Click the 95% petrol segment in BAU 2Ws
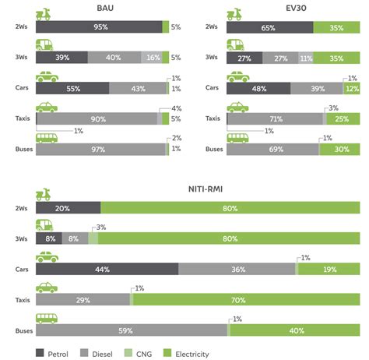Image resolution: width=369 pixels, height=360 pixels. [99, 27]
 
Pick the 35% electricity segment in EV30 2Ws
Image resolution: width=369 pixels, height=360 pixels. [336, 27]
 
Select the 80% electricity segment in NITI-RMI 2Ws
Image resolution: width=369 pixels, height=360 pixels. [230, 208]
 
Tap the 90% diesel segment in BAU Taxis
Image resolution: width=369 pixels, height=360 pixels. [97, 119]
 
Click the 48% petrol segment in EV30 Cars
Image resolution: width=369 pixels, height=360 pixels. [258, 89]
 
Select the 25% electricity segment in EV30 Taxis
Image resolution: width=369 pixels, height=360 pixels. [343, 119]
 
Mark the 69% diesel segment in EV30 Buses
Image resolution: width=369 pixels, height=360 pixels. [272, 149]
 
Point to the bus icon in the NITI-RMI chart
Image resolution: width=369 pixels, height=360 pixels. [47, 317]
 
